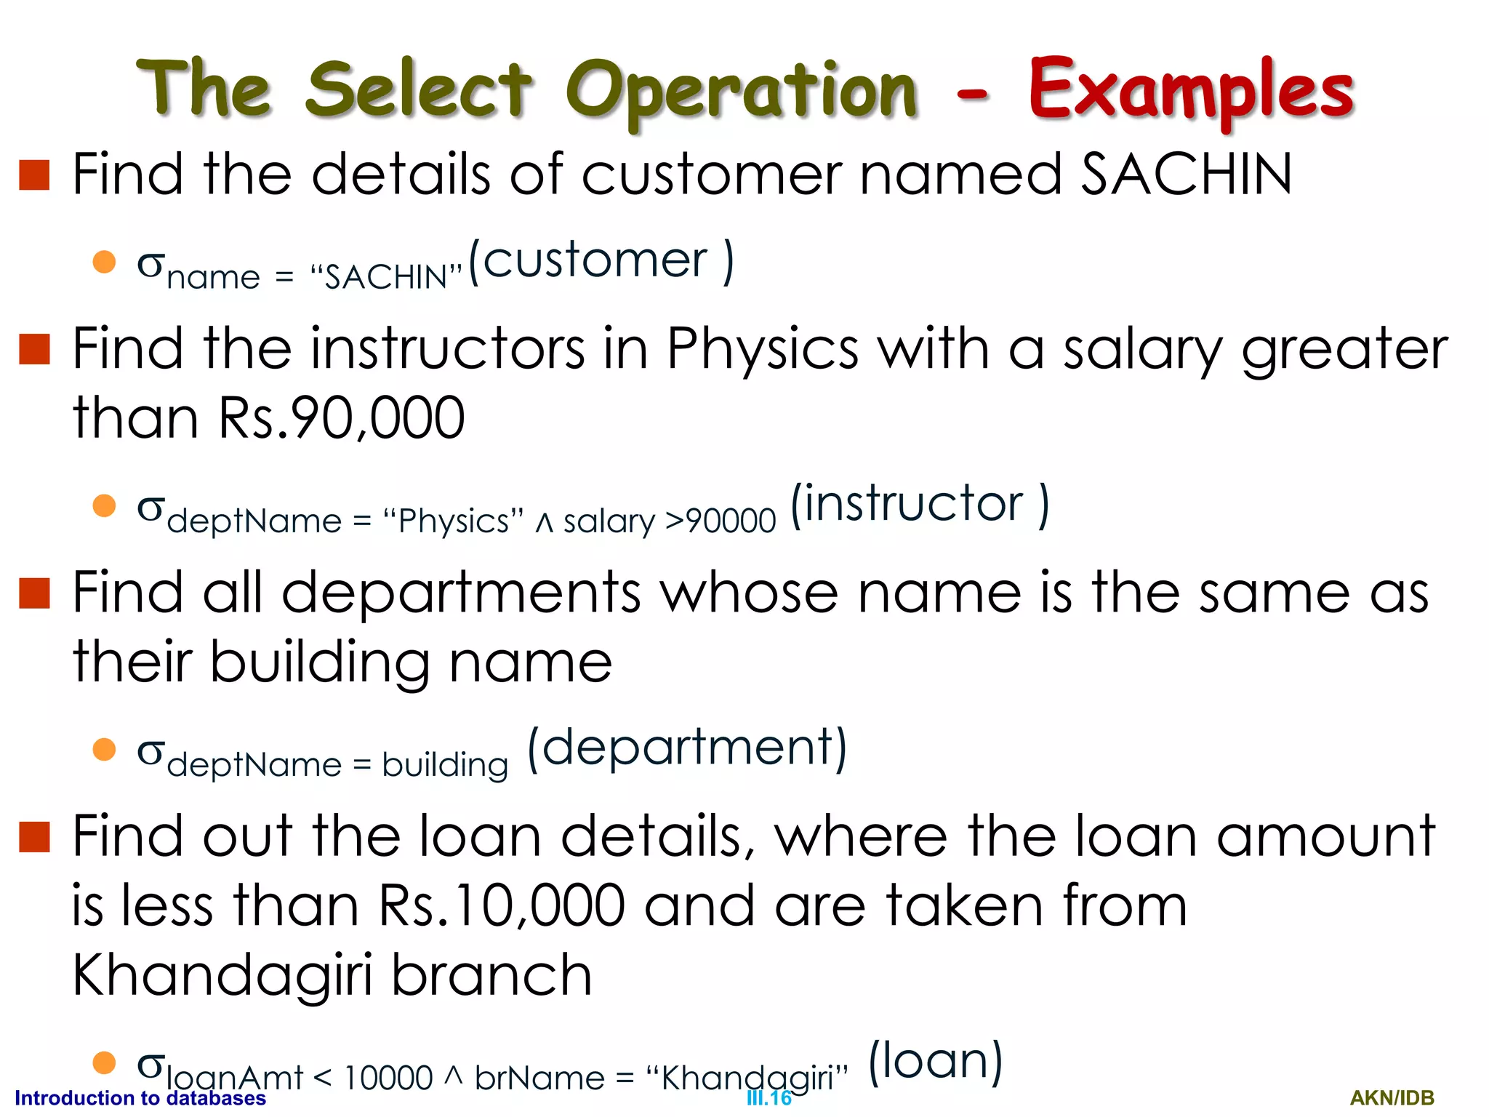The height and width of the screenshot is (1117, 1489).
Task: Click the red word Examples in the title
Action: (1190, 91)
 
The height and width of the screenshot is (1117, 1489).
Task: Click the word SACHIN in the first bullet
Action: (1187, 175)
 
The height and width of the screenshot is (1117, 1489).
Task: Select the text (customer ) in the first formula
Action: (601, 261)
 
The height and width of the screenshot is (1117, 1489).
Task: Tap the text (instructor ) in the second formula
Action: (919, 504)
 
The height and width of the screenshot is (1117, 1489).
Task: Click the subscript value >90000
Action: (721, 521)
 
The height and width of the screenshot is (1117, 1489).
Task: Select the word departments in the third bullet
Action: (461, 593)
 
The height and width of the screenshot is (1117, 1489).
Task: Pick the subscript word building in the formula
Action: (445, 765)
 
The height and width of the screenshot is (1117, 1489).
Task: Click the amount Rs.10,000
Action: (502, 906)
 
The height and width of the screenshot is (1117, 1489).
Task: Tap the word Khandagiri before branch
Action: (223, 975)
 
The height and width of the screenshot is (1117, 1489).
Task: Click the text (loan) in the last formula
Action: (936, 1061)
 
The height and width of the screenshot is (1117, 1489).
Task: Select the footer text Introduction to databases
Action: (140, 1098)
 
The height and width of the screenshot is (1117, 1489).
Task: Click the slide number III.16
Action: (768, 1098)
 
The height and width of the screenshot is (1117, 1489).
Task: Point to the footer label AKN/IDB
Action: (1392, 1098)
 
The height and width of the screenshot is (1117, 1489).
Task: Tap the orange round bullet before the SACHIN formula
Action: (105, 262)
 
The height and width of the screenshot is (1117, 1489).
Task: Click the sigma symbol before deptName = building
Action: (150, 751)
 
